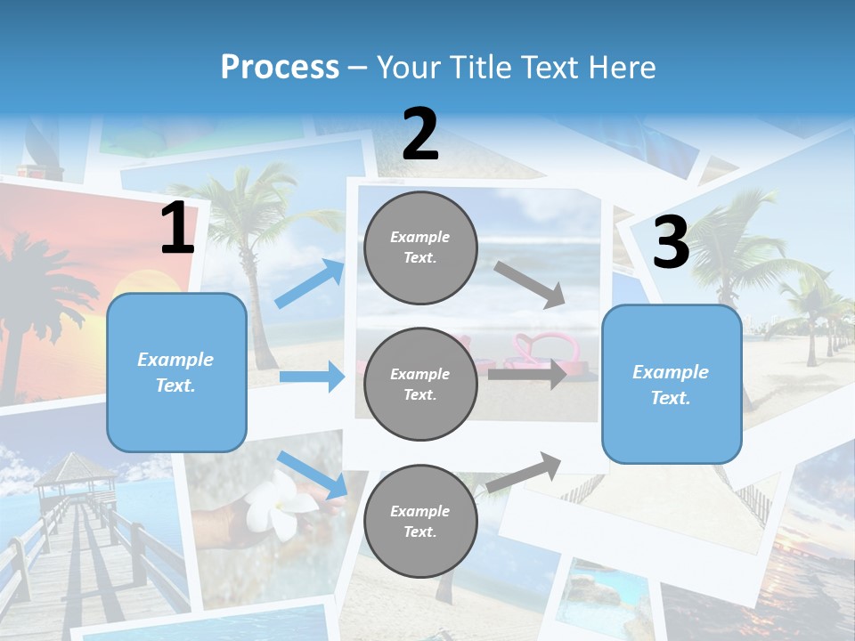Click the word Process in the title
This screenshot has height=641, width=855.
280,67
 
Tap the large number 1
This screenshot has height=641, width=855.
177,229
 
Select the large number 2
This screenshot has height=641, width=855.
420,134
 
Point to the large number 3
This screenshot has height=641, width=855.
671,242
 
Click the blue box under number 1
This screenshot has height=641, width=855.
176,372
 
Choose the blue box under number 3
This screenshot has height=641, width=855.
672,384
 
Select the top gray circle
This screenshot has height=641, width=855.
420,247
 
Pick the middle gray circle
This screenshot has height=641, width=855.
420,384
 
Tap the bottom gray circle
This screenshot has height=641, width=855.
420,521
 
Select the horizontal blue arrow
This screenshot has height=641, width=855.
312,377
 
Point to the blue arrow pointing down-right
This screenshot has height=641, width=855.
313,475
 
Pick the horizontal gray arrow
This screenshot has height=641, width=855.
526,375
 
